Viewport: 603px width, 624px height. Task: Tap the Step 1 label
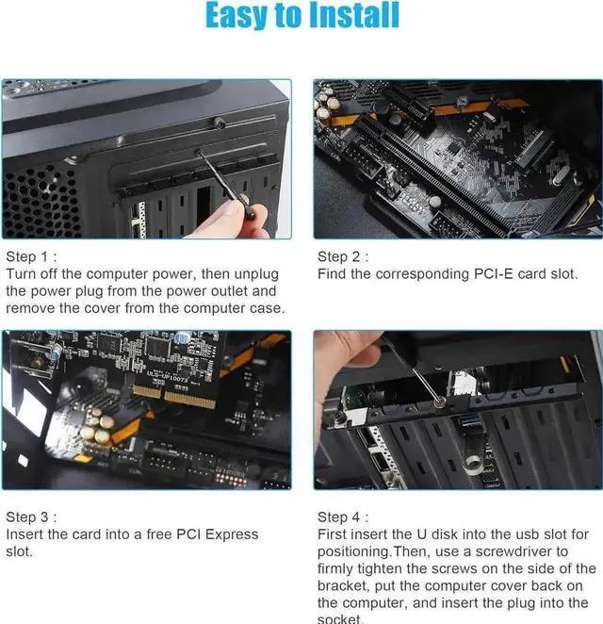coord(31,256)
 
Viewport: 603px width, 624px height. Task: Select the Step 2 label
coord(343,256)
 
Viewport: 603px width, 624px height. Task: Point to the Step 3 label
coord(31,517)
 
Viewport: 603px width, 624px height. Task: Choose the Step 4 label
coord(343,517)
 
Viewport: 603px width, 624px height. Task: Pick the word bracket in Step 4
coord(342,585)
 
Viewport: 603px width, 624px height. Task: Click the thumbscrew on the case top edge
coord(219,123)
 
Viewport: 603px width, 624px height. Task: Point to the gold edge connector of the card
coord(174,395)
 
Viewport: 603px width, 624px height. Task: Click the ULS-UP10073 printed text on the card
coord(167,375)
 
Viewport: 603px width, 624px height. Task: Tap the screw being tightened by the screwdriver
coord(439,402)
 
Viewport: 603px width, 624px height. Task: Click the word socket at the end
coord(339,619)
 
